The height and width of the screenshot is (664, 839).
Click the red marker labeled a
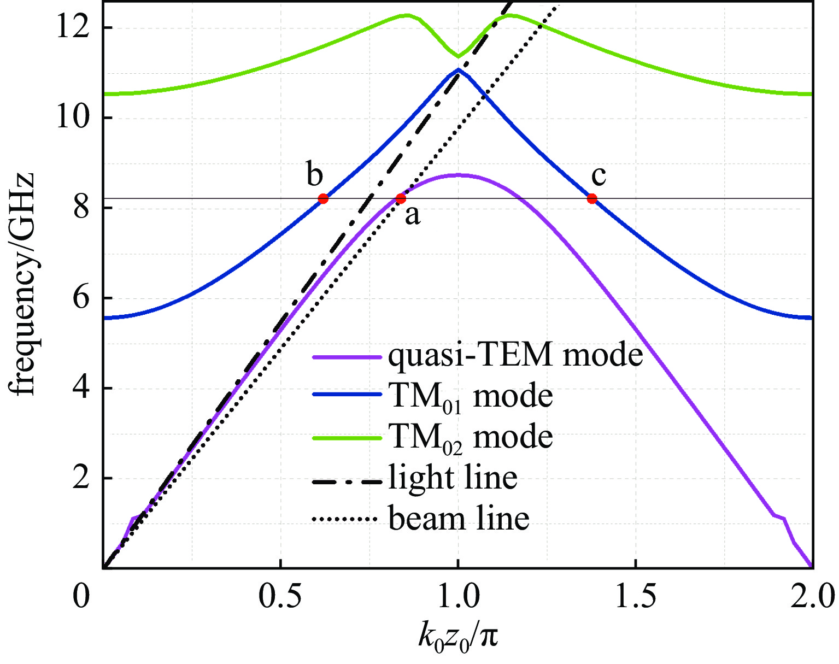pos(401,198)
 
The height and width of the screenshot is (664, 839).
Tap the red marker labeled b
pos(323,198)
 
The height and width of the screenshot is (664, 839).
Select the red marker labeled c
pos(592,198)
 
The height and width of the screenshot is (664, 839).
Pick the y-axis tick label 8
pos(82,208)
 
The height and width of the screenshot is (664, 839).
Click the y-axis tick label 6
pos(82,298)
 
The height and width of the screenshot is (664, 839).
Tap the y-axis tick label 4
pos(82,389)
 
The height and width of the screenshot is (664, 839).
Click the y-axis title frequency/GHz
pos(22,284)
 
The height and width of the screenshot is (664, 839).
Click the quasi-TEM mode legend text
pos(515,356)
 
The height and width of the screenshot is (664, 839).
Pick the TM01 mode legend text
pos(471,396)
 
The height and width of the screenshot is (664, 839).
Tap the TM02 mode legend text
pos(471,437)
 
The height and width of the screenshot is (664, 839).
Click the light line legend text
pos(453,478)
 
